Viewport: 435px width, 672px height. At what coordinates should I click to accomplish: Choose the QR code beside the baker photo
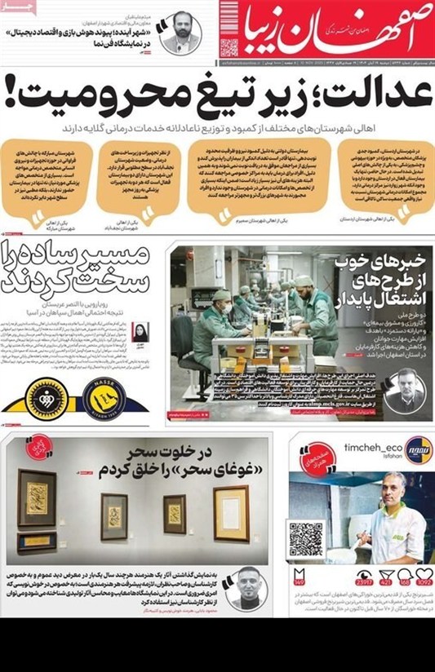[307, 538]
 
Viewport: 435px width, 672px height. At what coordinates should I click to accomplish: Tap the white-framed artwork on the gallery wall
[231, 511]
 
